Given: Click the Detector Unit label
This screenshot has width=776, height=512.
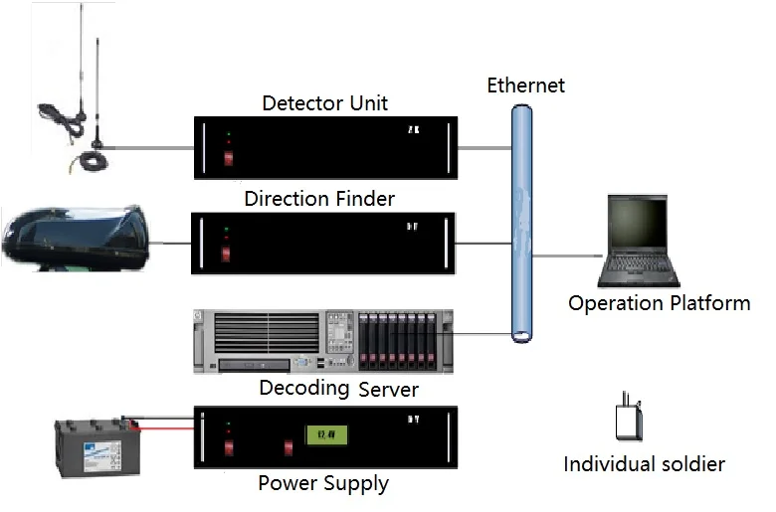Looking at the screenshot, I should pyautogui.click(x=324, y=103).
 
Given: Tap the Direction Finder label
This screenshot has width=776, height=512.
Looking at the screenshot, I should pyautogui.click(x=319, y=199).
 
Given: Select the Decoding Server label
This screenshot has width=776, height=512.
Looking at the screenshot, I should pyautogui.click(x=338, y=388).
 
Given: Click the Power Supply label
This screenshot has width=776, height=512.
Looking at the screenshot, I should pyautogui.click(x=323, y=484).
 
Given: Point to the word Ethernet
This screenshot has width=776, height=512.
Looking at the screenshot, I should pyautogui.click(x=525, y=85).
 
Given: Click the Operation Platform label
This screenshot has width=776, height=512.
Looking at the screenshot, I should pyautogui.click(x=659, y=303).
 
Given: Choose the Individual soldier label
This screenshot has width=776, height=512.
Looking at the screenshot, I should pyautogui.click(x=644, y=464).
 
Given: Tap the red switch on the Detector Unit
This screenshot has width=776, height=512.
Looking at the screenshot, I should pyautogui.click(x=228, y=156).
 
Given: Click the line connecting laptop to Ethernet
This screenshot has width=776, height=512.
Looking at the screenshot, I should pyautogui.click(x=568, y=255).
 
